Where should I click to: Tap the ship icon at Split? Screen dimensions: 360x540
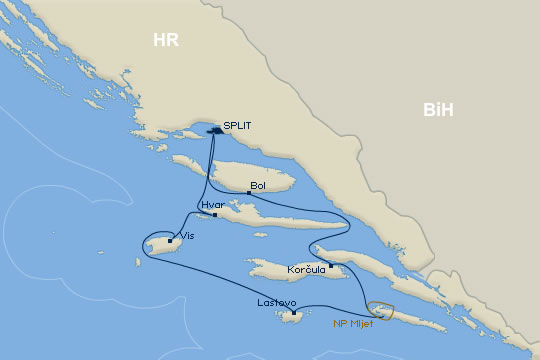click(215, 129)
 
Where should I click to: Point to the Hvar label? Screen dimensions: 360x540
click(212, 205)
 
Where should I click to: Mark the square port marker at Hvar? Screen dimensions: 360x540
click(215, 214)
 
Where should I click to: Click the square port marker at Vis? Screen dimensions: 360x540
click(171, 240)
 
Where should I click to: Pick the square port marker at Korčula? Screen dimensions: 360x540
click(331, 265)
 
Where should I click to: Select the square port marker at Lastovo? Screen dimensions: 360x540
click(293, 311)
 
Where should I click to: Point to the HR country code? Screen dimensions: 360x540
click(165, 40)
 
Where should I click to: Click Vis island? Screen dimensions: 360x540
click(160, 243)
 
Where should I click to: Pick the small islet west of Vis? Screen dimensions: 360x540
click(135, 263)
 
